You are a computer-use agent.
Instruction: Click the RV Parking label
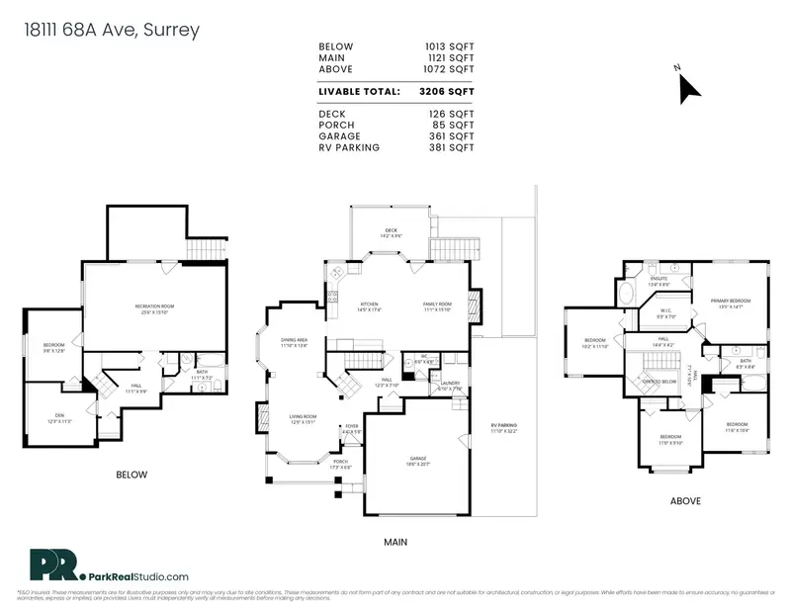(504, 427)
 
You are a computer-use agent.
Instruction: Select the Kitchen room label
(369, 305)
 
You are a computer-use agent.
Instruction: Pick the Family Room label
(437, 305)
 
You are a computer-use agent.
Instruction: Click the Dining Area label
(295, 341)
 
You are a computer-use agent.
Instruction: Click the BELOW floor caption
(132, 475)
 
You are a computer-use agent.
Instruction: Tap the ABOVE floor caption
(685, 501)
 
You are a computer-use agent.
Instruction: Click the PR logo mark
(49, 565)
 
